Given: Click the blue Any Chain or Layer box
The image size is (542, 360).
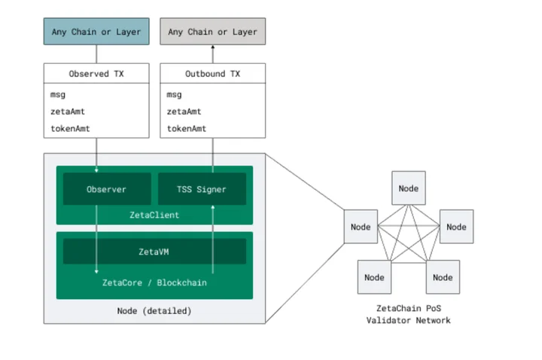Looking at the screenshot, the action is pyautogui.click(x=96, y=32).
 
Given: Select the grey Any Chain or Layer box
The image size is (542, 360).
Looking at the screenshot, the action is pyautogui.click(x=212, y=32).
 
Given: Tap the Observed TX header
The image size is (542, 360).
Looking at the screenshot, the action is pyautogui.click(x=96, y=73).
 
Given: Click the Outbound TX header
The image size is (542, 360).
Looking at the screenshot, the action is pyautogui.click(x=212, y=73).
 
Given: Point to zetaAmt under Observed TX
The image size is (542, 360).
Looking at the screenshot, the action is pyautogui.click(x=68, y=111).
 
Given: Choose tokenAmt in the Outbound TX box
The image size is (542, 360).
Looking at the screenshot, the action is pyautogui.click(x=187, y=129).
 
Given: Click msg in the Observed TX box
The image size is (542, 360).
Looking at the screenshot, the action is pyautogui.click(x=58, y=95).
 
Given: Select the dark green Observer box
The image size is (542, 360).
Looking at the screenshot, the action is pyautogui.click(x=107, y=189).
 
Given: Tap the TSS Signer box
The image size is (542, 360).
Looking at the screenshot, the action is pyautogui.click(x=202, y=189).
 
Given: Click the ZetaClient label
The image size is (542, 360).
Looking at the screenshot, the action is pyautogui.click(x=154, y=215).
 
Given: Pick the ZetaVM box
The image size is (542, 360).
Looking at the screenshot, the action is pyautogui.click(x=154, y=252).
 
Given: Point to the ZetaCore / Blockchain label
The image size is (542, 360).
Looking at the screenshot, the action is pyautogui.click(x=154, y=282).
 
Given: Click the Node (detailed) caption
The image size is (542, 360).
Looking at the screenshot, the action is pyautogui.click(x=154, y=311).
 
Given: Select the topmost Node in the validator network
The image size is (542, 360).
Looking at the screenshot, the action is pyautogui.click(x=409, y=188).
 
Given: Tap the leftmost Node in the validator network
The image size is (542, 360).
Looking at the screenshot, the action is pyautogui.click(x=361, y=227).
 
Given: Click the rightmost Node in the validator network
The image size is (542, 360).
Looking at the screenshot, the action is pyautogui.click(x=456, y=227).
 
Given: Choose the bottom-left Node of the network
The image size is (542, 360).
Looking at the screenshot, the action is pyautogui.click(x=374, y=277).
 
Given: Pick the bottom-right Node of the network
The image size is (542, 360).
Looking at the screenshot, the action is pyautogui.click(x=443, y=277).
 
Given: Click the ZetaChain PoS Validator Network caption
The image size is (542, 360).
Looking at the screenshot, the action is pyautogui.click(x=409, y=314).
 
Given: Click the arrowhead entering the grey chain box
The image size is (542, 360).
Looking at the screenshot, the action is pyautogui.click(x=212, y=47).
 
